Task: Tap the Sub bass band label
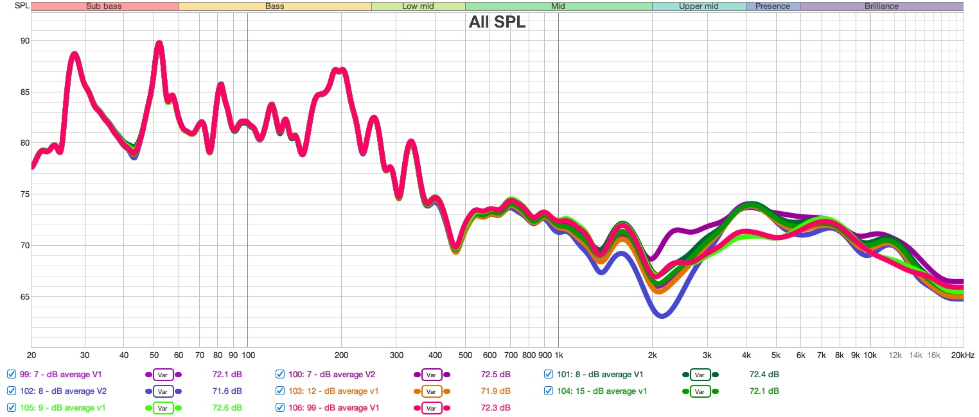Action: [104, 6]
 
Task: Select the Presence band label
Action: [773, 6]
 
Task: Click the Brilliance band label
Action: [881, 6]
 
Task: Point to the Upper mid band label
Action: [699, 6]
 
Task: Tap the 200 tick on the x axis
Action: [341, 355]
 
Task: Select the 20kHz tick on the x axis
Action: [962, 355]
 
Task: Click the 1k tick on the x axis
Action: [558, 355]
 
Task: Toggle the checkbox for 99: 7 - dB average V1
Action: [11, 375]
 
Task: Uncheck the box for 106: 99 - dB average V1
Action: [280, 407]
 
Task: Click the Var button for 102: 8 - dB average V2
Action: [163, 391]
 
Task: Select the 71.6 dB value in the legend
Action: [227, 391]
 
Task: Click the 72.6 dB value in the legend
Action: [227, 407]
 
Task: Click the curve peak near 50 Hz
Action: [159, 44]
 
